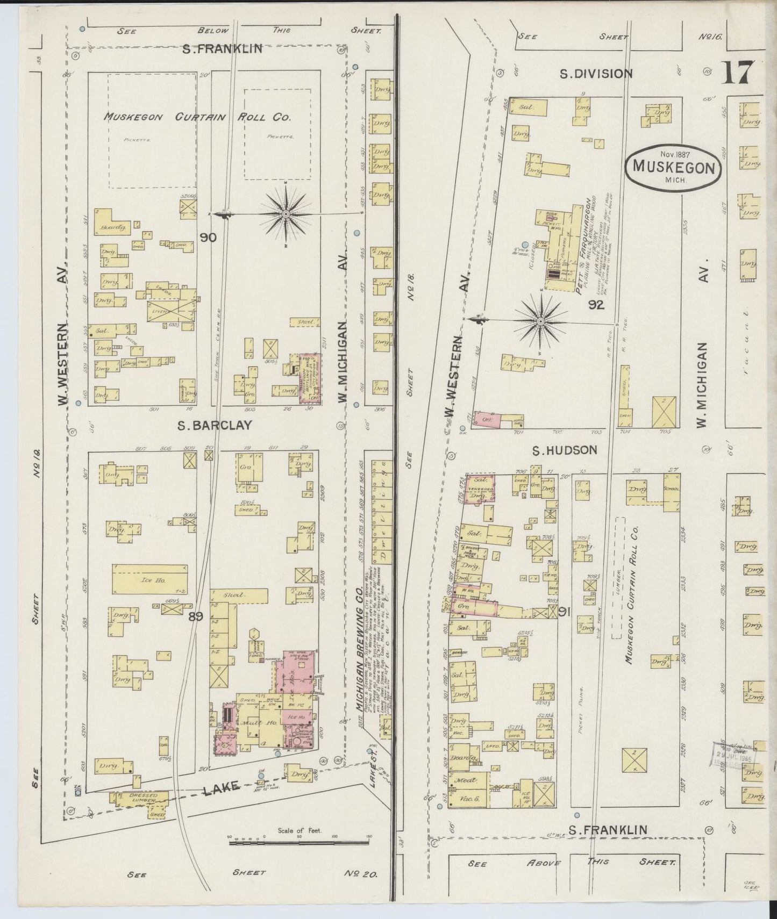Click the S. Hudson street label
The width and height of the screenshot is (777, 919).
[x=565, y=450]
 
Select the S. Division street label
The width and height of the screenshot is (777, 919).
[x=596, y=74]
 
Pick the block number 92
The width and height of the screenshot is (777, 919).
[x=596, y=305]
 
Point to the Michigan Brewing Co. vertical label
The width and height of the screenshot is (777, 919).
[x=356, y=650]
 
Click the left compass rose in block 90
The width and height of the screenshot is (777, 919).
[x=286, y=214]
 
